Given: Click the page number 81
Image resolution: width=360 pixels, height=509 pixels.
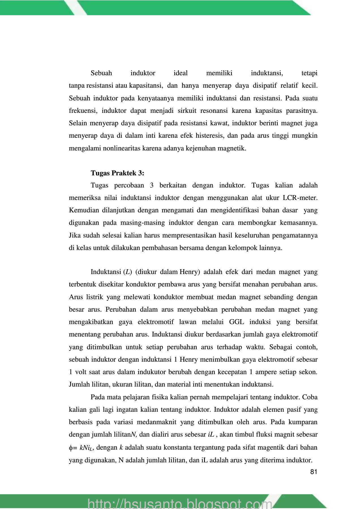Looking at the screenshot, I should pos(314,472).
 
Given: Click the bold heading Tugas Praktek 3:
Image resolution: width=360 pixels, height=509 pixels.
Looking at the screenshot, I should pos(117,173).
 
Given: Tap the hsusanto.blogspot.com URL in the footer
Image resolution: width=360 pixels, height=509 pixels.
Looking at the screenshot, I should pos(180,503).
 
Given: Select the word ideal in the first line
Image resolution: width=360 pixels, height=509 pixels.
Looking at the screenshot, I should pos(181,73).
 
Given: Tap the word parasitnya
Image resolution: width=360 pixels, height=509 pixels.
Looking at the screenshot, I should pos(302,111).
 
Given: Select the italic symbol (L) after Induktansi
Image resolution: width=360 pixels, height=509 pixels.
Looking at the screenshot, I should pos(128,272).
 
